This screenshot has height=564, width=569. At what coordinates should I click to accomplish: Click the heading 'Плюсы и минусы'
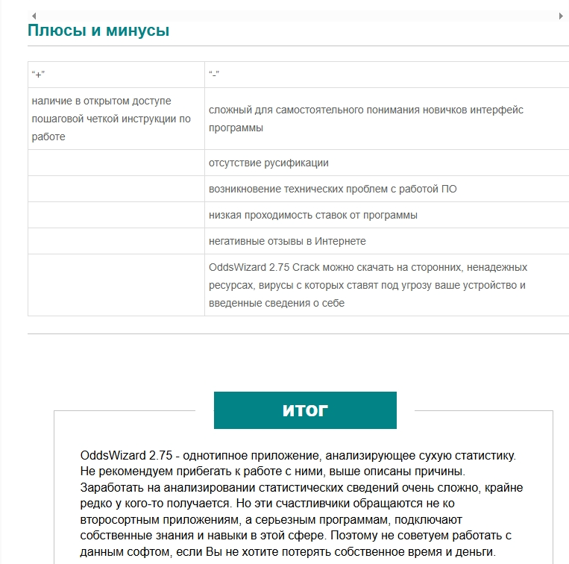[98, 31]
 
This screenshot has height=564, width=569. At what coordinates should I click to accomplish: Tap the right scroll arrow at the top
[561, 16]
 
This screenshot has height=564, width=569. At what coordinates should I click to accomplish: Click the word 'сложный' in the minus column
[227, 110]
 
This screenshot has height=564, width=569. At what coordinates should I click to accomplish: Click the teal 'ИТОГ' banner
[305, 410]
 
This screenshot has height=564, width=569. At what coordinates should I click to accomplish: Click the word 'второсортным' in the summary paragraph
[113, 520]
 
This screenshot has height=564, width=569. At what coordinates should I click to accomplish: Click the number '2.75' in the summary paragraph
[161, 455]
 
